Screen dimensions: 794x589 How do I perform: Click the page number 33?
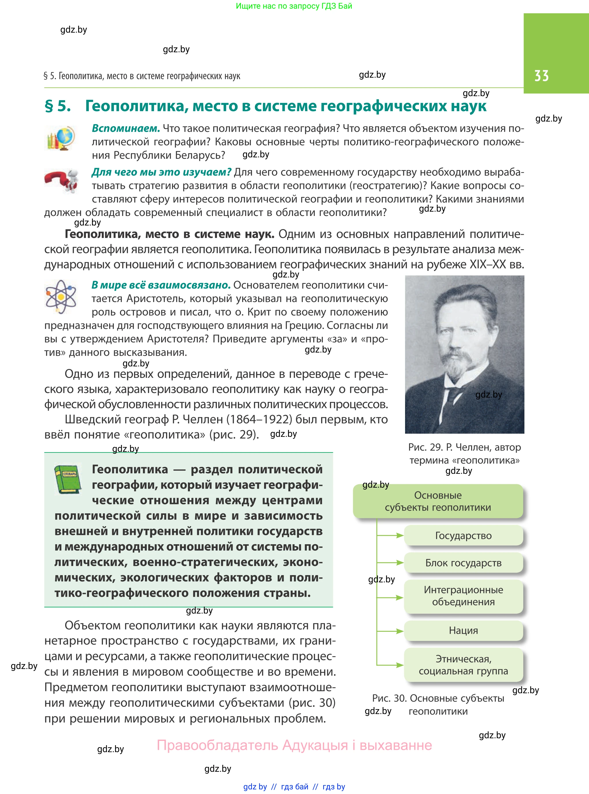click(541, 76)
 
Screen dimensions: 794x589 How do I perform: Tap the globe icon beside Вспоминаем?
click(61, 138)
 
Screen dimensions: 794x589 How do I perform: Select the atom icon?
click(61, 296)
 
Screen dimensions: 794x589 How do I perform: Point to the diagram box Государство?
click(463, 536)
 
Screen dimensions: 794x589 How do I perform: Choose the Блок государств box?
click(463, 563)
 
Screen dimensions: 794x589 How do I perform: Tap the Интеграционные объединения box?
click(463, 596)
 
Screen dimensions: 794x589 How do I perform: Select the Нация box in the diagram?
click(463, 631)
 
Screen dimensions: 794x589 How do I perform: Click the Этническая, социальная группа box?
click(463, 665)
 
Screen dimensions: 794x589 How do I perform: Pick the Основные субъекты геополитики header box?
click(438, 501)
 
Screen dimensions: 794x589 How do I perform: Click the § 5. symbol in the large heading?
click(58, 106)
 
